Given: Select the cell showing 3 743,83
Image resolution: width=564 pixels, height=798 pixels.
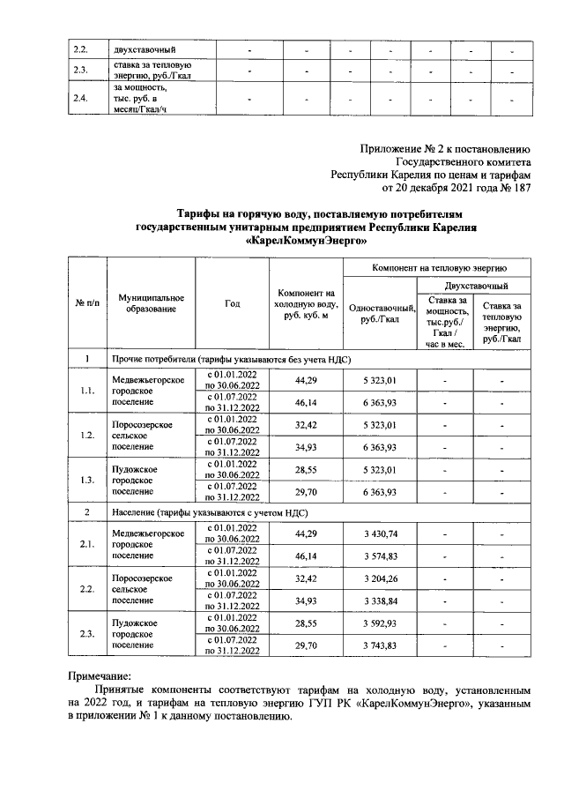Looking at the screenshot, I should [x=381, y=647].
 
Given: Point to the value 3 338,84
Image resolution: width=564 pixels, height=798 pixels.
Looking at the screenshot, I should [x=381, y=602].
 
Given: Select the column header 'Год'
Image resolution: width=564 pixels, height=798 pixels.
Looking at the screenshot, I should [x=232, y=302].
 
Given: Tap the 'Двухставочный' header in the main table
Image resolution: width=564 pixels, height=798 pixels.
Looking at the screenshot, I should [x=474, y=286].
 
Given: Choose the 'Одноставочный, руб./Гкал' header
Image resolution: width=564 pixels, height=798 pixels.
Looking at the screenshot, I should [x=381, y=313].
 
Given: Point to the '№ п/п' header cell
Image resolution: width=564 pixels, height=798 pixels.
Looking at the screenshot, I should [x=87, y=302].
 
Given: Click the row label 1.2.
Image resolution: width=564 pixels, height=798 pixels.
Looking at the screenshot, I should [x=87, y=436].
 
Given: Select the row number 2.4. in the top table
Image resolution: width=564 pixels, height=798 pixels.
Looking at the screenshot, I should [x=81, y=98].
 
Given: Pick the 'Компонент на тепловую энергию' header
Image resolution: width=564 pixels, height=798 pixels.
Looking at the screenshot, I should [x=438, y=267].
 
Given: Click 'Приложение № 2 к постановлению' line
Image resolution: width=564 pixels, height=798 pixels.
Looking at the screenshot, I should [x=446, y=148].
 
